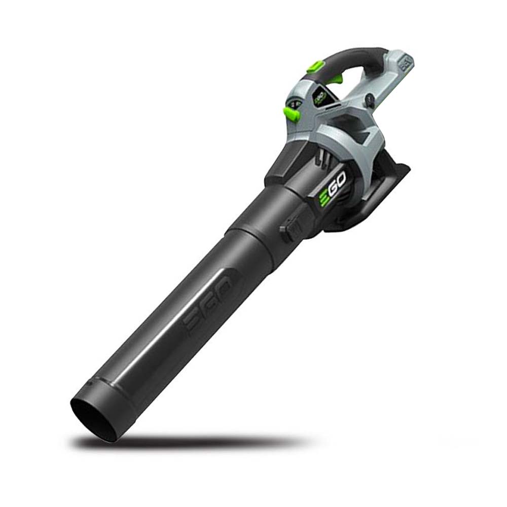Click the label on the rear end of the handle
405,63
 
